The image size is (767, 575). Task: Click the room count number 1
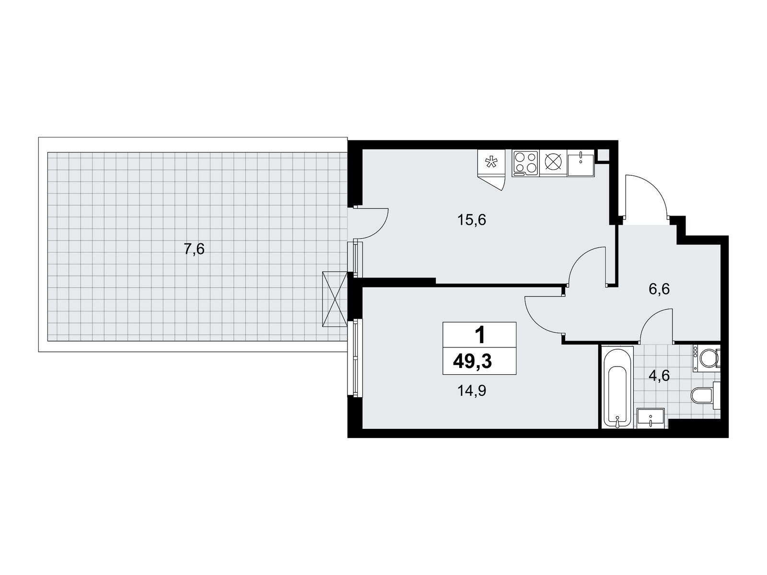[480, 335]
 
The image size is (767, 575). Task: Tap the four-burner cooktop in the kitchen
[525, 163]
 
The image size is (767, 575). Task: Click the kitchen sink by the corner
[581, 163]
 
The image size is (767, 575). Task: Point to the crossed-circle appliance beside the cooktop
[554, 163]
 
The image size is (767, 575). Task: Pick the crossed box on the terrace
[335, 299]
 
